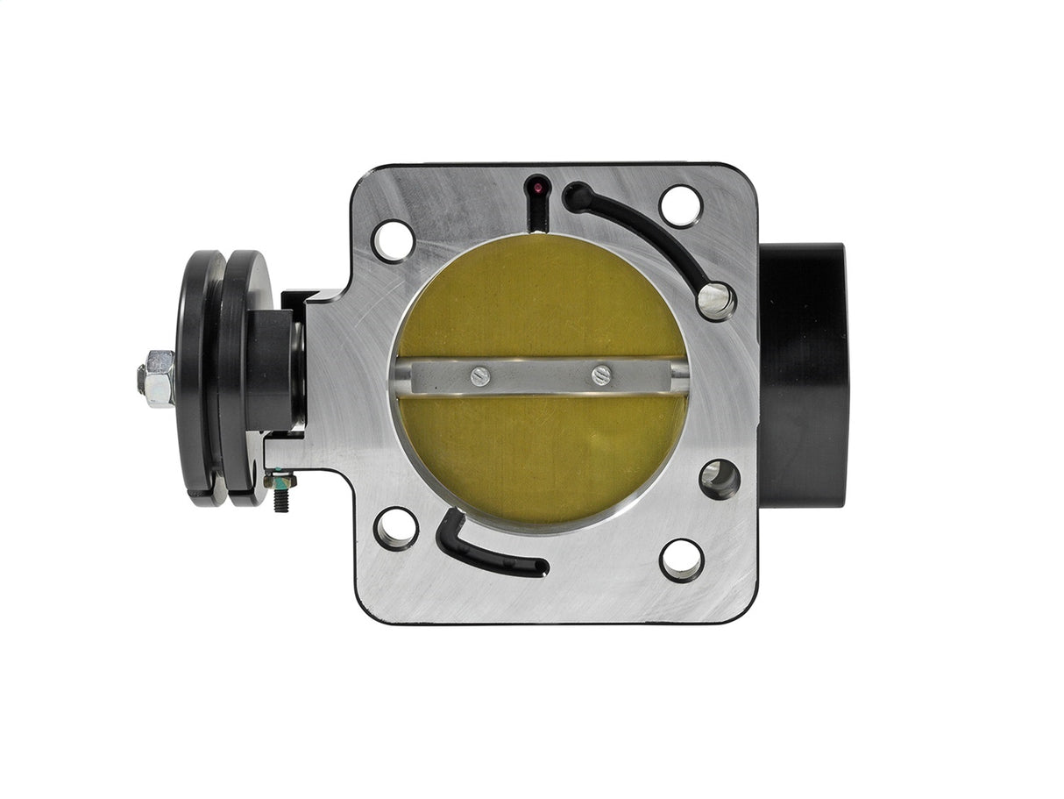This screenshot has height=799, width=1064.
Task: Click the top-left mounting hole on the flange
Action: tap(393, 240)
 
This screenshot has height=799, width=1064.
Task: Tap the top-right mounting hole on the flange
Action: tap(681, 207)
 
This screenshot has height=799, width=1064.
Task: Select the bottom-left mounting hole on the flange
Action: tap(395, 528)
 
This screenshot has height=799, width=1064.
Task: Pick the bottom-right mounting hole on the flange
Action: tap(682, 560)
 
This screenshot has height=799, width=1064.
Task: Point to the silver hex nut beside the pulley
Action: tap(160, 377)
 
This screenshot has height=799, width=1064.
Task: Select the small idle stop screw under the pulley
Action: tap(281, 495)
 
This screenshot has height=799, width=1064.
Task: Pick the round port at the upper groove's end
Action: tap(717, 300)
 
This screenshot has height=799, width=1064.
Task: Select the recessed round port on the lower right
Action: tap(720, 479)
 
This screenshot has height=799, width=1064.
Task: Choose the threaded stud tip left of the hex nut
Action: tap(141, 379)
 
